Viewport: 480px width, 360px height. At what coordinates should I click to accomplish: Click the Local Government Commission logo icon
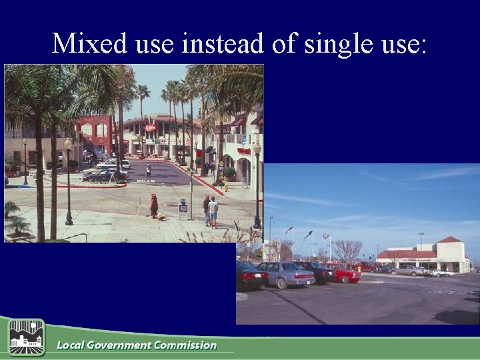pos(26,337)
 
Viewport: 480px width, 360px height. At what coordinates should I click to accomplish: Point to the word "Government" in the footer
pos(117,345)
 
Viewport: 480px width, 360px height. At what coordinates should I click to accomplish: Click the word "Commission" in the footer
pos(185,345)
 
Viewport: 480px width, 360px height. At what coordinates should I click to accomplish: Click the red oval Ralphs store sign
pos(151,127)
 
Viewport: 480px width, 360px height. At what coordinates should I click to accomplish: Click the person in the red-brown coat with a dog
pos(154,205)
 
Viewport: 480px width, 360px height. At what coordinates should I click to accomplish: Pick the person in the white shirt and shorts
pos(213,211)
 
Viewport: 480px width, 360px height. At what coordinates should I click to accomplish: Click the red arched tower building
pos(94,137)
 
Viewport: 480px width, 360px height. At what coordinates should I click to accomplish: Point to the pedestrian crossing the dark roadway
pos(148,171)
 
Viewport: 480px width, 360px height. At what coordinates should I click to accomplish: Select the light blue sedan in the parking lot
pos(285,273)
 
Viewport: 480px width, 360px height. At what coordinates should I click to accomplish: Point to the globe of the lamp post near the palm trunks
pos(68,144)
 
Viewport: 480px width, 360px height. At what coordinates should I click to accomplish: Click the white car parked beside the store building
pos(440,272)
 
